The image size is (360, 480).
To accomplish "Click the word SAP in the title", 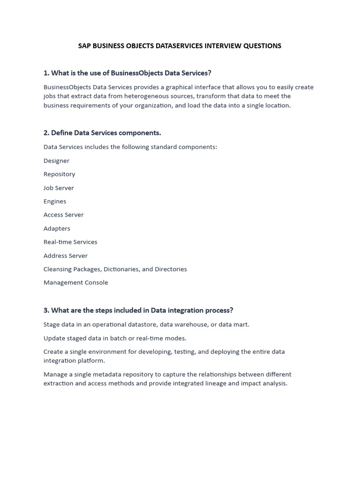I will click(84, 46).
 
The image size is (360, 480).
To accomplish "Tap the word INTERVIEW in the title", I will click(222, 46).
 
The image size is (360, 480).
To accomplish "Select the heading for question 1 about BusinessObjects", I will click(127, 73).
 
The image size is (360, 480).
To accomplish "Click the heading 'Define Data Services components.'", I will click(102, 133).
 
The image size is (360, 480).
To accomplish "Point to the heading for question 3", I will click(138, 310).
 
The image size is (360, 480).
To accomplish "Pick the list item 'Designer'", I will click(56, 161).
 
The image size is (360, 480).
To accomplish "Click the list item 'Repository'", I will click(59, 174).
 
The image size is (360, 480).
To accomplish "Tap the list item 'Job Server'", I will click(59, 188).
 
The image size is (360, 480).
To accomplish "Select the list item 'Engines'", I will click(55, 202).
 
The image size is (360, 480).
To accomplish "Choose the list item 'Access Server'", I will click(63, 215).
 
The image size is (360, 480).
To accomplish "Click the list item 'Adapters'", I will click(57, 229).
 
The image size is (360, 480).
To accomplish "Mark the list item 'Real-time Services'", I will click(70, 242).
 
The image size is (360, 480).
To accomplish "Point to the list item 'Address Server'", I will click(66, 256).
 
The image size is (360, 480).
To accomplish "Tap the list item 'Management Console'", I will click(75, 283).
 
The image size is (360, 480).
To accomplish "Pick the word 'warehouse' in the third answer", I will click(190, 324).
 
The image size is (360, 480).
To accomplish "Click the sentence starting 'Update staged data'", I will click(115, 338).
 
